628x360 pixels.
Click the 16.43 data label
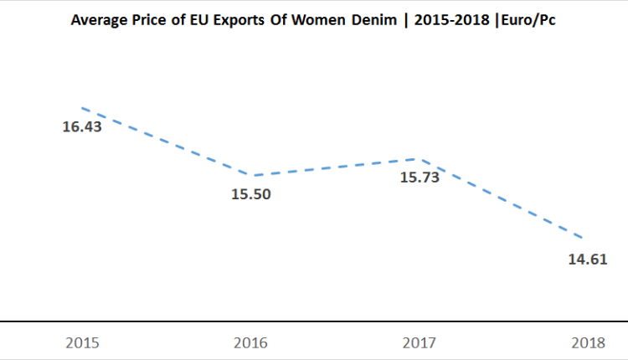pos(82,129)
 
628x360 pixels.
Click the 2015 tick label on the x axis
pos(83,343)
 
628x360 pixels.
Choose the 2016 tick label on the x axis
pos(250,343)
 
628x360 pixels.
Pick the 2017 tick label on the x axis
pos(419,343)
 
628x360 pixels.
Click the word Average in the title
pos(98,19)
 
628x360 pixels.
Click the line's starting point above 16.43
pos(82,108)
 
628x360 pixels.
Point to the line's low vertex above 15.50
pos(251,175)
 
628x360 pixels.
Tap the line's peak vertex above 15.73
pos(419,158)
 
